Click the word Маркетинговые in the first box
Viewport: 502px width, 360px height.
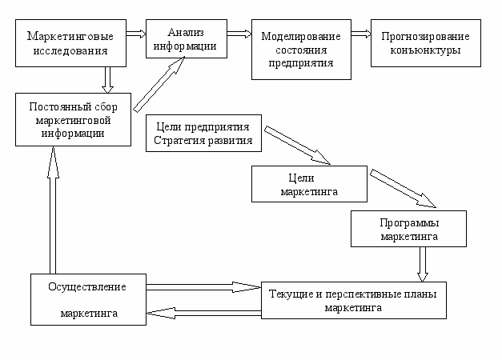[x=70, y=36]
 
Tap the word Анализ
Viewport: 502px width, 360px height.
[x=186, y=32]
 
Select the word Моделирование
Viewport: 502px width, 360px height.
[x=301, y=37]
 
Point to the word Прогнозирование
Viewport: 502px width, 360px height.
[x=425, y=37]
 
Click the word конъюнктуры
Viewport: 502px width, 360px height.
[x=425, y=50]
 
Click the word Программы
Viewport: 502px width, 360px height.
[x=409, y=223]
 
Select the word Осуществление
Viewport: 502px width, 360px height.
[x=87, y=287]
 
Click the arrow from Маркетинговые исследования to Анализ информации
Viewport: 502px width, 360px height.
[x=136, y=34]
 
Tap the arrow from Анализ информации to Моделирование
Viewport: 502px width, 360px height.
[x=239, y=34]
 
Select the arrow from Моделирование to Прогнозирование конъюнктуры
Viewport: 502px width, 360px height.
[x=361, y=34]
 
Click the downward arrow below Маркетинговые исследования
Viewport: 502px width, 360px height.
[x=107, y=80]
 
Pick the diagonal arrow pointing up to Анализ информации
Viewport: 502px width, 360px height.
[x=159, y=85]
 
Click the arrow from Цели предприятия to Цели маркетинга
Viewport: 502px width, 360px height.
[x=297, y=146]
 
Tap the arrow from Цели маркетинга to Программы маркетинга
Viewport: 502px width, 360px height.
[x=403, y=189]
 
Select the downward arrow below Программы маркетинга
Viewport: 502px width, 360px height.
[x=423, y=264]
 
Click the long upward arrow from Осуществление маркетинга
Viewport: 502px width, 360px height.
[x=53, y=210]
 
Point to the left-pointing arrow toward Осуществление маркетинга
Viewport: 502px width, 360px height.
[x=203, y=314]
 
